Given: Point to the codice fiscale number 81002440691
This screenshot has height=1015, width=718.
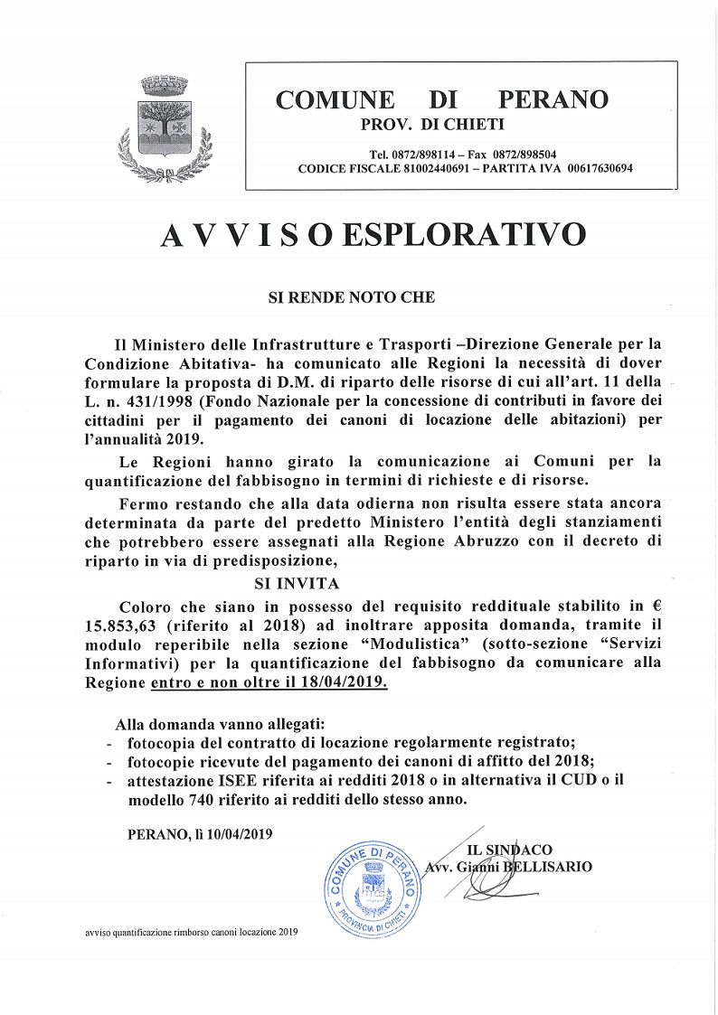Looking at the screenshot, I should (430, 168).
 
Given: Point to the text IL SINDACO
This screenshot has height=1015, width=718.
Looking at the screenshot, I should (509, 851).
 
